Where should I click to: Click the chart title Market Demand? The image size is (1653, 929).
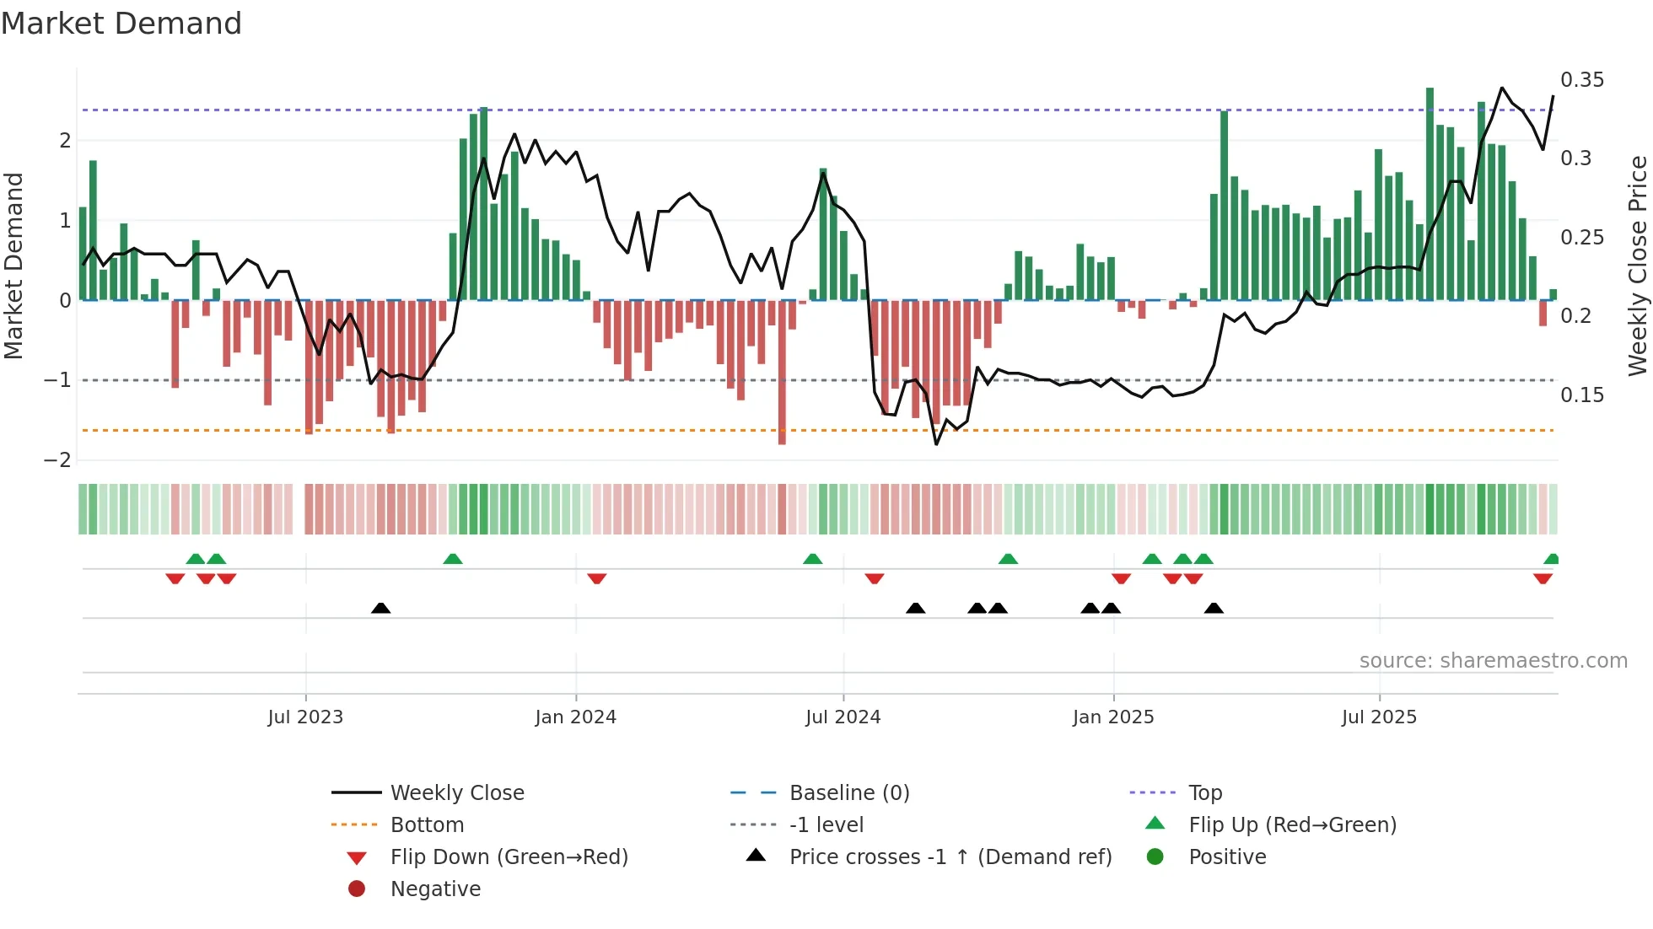tap(121, 24)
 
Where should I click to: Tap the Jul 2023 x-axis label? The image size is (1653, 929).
tap(305, 717)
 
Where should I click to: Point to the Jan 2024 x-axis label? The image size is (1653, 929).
tap(575, 717)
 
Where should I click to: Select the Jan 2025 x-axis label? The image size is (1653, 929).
tap(1112, 717)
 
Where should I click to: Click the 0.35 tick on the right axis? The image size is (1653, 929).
tap(1581, 80)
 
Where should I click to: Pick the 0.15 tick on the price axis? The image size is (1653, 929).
tap(1581, 395)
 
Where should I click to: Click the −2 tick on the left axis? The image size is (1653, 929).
tap(57, 460)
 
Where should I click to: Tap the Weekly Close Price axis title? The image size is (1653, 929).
tap(1637, 266)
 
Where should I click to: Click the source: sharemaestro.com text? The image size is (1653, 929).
tap(1493, 661)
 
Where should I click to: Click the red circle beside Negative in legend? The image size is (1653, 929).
tap(357, 889)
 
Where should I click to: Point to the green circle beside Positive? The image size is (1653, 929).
tap(1155, 857)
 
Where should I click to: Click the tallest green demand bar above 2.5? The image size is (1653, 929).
tap(1430, 194)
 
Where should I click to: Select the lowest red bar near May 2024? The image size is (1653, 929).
tap(782, 371)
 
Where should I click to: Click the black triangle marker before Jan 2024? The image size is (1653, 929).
tap(380, 608)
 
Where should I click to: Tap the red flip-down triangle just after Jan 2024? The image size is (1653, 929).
tap(596, 579)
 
